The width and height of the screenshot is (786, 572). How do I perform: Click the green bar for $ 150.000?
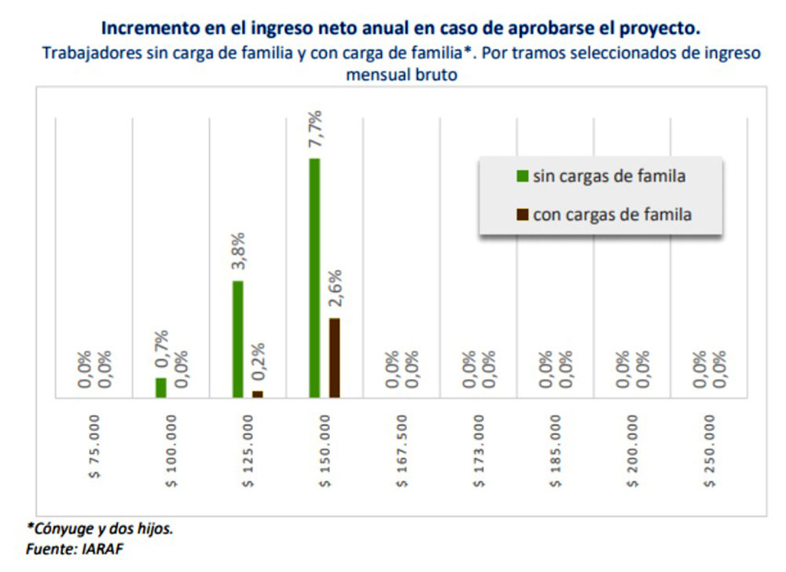click(x=314, y=278)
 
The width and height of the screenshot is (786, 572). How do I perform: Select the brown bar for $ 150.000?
click(x=334, y=358)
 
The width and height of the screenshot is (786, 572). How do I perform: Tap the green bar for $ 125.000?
click(x=238, y=339)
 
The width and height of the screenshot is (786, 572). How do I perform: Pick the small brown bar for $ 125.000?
click(x=258, y=394)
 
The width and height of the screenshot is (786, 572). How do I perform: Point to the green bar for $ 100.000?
click(x=161, y=388)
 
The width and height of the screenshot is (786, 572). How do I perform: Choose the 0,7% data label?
click(x=163, y=349)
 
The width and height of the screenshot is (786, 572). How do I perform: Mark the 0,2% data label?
click(x=259, y=363)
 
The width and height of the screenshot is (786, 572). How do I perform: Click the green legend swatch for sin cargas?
click(x=522, y=176)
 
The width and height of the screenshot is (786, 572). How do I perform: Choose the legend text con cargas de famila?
click(x=612, y=214)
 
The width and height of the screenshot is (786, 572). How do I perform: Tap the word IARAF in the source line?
click(x=102, y=549)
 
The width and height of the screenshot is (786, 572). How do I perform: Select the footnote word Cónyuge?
click(x=64, y=528)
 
